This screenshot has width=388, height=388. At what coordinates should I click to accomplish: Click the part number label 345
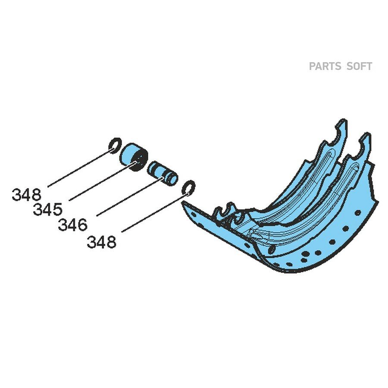click(x=47, y=209)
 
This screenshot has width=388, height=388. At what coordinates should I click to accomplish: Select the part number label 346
click(x=72, y=225)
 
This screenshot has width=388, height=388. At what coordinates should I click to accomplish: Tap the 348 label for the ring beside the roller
click(x=26, y=194)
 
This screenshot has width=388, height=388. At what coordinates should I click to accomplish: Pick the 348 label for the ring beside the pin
click(x=101, y=242)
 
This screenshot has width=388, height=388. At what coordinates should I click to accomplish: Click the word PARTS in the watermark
click(x=325, y=66)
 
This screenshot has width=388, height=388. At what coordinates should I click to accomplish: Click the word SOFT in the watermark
click(x=359, y=66)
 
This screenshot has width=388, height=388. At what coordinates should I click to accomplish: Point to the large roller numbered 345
click(x=134, y=157)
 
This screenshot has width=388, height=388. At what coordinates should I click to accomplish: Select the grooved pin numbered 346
click(x=163, y=173)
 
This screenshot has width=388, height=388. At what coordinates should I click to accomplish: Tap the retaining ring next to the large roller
click(x=115, y=146)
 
